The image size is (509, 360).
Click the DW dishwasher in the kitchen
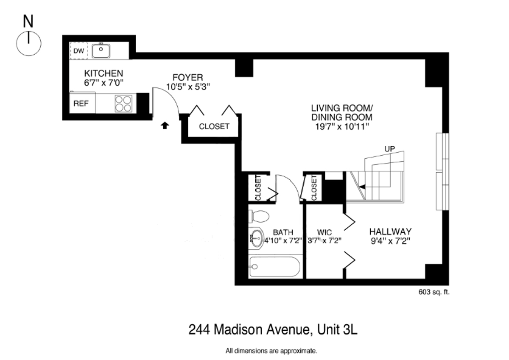(x=79, y=51)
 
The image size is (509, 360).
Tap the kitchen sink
(x=101, y=51)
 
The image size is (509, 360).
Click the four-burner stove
(x=123, y=103)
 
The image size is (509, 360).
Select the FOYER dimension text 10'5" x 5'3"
(x=188, y=87)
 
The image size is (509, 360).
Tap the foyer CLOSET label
(x=214, y=126)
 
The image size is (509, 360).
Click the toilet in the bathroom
(x=260, y=217)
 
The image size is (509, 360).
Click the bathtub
(x=275, y=267)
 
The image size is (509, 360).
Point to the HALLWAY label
(x=390, y=232)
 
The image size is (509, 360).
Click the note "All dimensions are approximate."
(x=271, y=351)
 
